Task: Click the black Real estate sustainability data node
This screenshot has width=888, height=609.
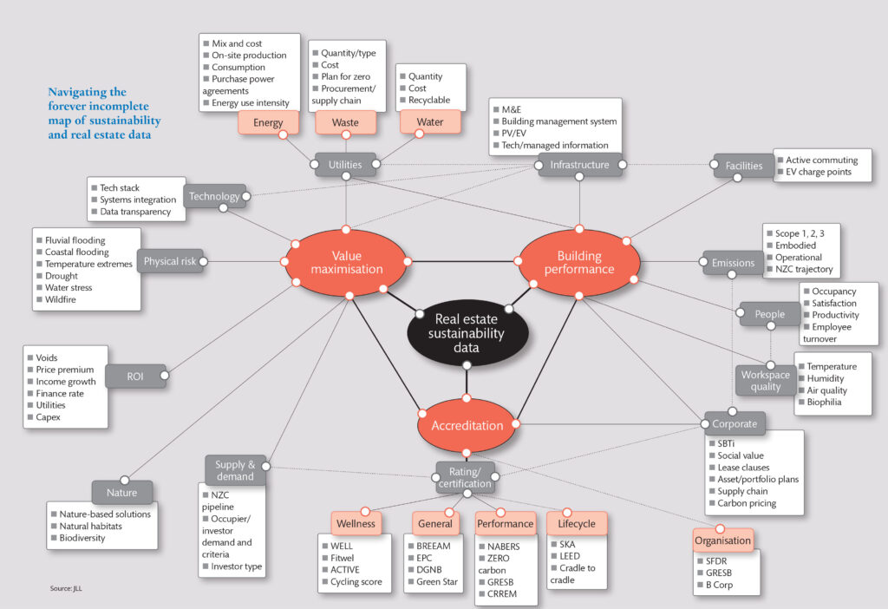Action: [468, 331]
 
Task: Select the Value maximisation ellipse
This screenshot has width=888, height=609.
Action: [346, 262]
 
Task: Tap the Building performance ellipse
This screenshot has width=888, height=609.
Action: [579, 262]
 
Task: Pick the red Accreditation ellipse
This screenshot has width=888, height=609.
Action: [467, 425]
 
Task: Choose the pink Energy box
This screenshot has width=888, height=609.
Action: [268, 122]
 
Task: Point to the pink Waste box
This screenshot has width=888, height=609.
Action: [345, 122]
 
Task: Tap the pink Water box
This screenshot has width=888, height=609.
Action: [430, 122]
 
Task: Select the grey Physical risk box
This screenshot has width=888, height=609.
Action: [169, 261]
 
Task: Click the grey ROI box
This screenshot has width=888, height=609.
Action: [134, 376]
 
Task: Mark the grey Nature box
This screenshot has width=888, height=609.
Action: [121, 492]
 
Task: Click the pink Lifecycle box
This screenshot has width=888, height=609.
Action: [577, 523]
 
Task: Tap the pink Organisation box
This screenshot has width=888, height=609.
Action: [721, 540]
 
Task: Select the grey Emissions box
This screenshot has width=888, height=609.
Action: [733, 263]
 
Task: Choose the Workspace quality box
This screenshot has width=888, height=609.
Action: [766, 381]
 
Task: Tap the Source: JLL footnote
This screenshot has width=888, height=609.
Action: [66, 589]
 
